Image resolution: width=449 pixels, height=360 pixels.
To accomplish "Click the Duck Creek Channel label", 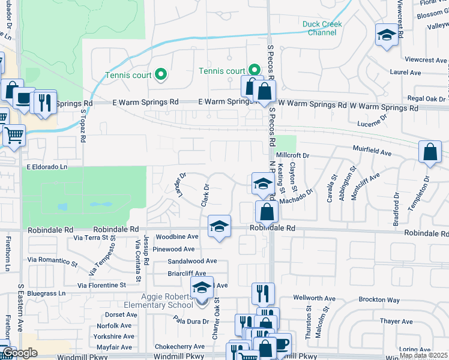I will (x=322, y=28).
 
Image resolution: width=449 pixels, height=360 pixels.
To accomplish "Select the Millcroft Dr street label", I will (x=293, y=155).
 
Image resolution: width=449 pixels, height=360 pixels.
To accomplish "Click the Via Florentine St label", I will (x=102, y=285).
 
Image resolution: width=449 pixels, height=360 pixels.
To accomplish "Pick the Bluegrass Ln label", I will (x=46, y=293).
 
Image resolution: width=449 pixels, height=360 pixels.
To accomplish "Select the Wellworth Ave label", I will (x=315, y=298).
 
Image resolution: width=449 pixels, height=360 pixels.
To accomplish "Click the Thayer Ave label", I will (x=396, y=322).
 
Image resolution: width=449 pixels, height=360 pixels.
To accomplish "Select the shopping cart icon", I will (x=14, y=135).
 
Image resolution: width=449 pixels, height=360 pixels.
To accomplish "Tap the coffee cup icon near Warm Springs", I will (x=24, y=98).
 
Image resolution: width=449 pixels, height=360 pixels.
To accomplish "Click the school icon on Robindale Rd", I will (x=220, y=226).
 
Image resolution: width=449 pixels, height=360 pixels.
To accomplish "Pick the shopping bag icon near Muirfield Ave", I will (x=430, y=152).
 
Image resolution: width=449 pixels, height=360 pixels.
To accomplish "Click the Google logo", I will (x=20, y=353).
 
